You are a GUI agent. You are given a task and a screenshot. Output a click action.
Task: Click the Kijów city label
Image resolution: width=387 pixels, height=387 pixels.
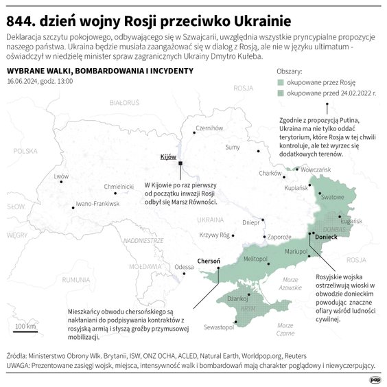tap(168, 157)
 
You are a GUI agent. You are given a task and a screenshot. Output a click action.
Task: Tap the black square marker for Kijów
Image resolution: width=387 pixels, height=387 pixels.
tap(180, 163)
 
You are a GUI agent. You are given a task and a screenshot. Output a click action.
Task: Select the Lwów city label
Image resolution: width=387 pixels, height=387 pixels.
tap(61, 176)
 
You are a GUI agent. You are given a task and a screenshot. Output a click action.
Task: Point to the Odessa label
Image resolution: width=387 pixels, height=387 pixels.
tap(184, 267)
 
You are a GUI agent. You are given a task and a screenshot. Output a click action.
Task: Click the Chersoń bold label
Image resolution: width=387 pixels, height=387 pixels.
tap(208, 261)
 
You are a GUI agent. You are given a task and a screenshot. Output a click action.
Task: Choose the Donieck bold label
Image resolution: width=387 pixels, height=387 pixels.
tap(325, 237)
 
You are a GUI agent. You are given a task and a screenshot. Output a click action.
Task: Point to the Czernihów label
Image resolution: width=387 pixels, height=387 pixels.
tap(210, 128)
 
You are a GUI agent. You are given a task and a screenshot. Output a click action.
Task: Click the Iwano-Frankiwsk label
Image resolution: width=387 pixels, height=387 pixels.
tap(97, 204)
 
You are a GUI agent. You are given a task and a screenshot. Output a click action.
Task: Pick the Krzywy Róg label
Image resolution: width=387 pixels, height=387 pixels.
tap(213, 235)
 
